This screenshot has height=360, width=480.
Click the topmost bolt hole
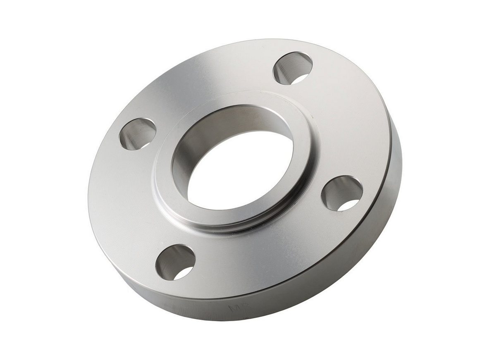pos(292,68)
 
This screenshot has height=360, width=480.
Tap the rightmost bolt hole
pos(342,193)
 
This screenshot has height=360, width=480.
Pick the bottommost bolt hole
pos(175,262)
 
